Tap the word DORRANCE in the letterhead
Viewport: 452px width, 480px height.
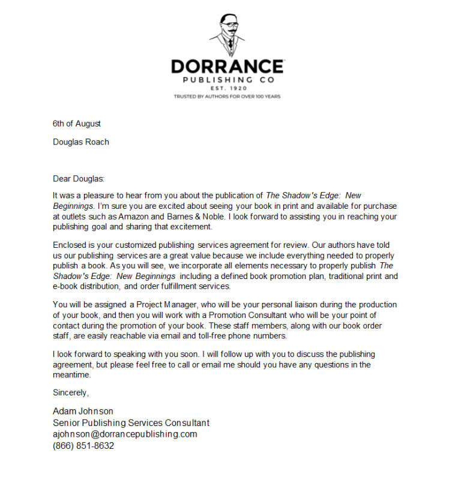point(226,66)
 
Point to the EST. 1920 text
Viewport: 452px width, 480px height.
point(226,88)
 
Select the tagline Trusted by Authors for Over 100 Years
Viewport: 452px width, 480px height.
point(226,96)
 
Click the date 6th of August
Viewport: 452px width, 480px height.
point(77,124)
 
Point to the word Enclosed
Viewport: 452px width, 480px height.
point(71,245)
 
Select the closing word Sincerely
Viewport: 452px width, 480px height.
point(71,393)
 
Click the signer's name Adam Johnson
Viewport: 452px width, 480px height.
point(83,412)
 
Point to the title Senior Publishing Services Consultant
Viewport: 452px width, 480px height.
point(131,423)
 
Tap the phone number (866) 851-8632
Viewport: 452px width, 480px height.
point(83,446)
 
